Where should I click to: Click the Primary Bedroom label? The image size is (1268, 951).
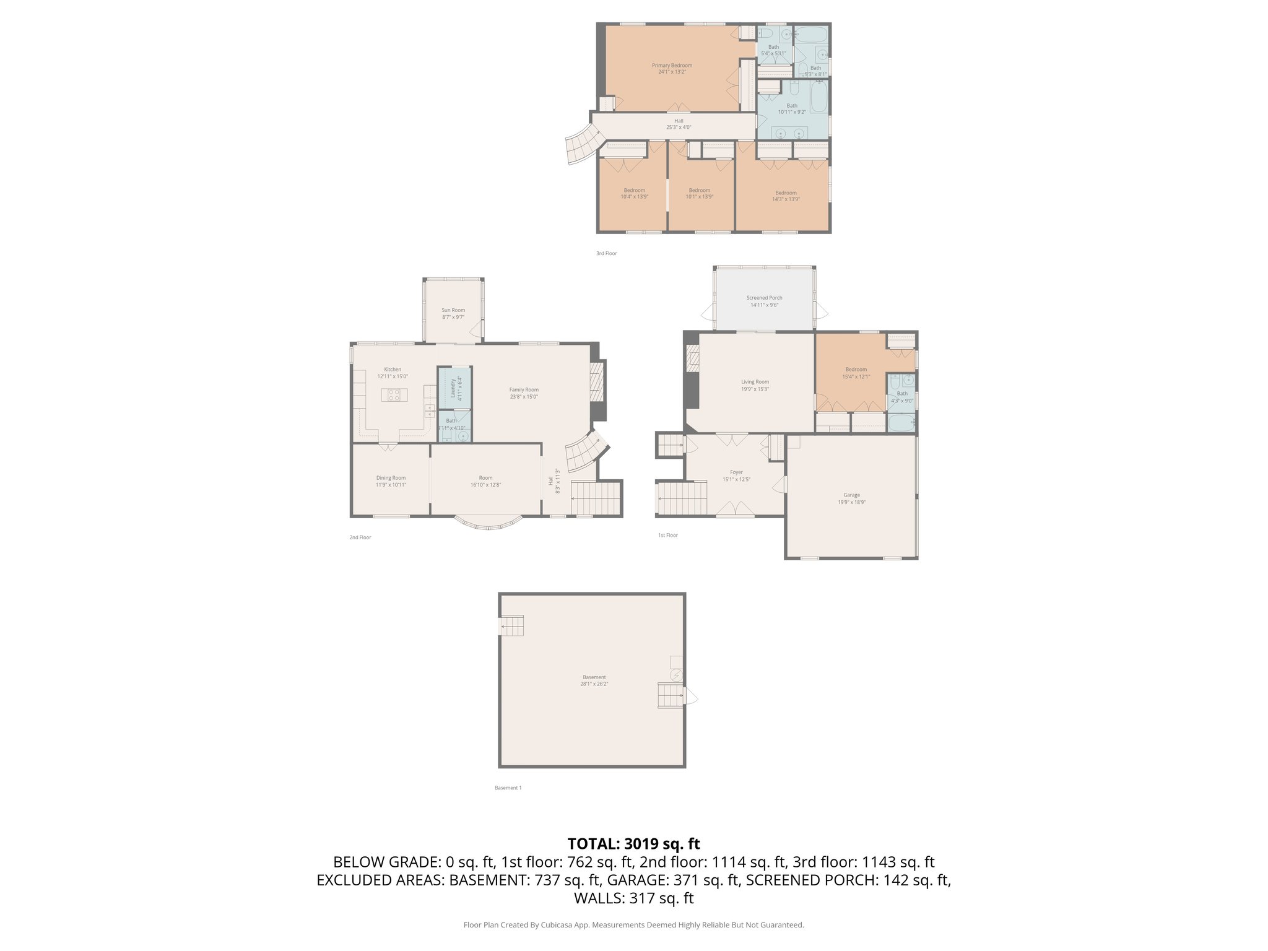[672, 66]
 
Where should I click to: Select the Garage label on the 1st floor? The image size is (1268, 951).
[851, 495]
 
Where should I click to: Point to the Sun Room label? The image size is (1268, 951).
[453, 310]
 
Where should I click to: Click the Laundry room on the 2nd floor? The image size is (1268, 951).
[454, 388]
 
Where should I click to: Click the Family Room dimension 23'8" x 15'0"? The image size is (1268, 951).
[524, 397]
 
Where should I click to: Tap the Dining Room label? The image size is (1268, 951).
[391, 477]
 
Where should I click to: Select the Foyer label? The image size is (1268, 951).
[736, 472]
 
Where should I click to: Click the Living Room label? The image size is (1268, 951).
[755, 382]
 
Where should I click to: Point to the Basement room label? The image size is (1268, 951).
[594, 677]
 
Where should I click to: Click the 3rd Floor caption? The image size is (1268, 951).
[606, 253]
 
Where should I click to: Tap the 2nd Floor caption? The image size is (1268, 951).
[360, 537]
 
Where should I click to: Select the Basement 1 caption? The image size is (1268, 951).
[508, 788]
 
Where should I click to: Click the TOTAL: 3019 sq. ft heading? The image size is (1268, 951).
[633, 844]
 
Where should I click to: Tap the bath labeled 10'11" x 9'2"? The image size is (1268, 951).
[792, 109]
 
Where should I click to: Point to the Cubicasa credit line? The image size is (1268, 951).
[633, 925]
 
